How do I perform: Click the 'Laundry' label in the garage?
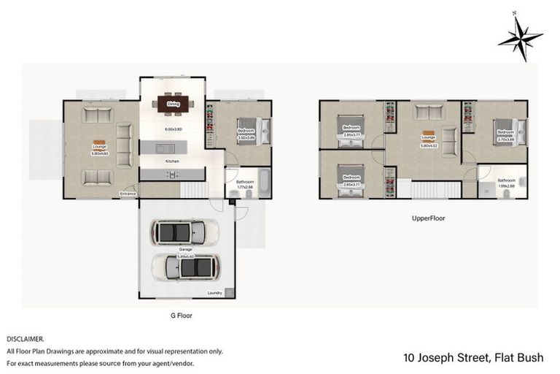coord(215,293)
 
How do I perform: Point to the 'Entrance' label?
coord(128,194)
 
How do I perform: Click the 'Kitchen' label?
coord(172,161)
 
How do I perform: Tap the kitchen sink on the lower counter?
coord(172,175)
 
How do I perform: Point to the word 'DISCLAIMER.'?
coord(25,340)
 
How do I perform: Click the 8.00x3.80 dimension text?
coord(173,129)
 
